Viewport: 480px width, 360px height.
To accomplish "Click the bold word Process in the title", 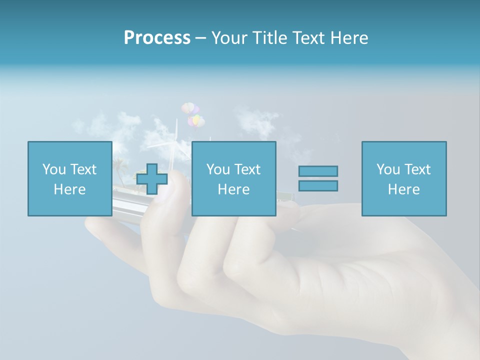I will [157, 38].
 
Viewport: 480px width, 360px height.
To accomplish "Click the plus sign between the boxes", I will [152, 179].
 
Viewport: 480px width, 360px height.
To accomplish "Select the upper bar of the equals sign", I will [318, 171].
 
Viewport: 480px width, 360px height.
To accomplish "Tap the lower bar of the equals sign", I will [318, 185].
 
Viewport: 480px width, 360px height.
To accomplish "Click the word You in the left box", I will [53, 169].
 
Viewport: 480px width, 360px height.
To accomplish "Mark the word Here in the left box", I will [69, 189].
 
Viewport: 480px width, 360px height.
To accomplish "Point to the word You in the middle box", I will [217, 169].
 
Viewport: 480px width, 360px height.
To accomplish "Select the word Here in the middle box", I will [233, 189].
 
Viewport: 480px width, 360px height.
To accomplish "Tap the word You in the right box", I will [387, 169].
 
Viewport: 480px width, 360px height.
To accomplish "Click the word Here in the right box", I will [403, 189].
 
